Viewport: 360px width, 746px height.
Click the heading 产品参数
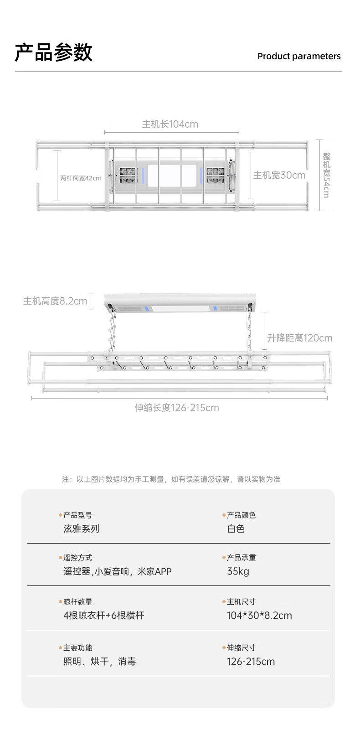53,52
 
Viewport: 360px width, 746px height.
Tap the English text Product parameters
298,56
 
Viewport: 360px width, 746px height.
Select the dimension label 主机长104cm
170,124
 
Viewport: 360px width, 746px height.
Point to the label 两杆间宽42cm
81,178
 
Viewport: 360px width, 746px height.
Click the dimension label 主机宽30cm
279,175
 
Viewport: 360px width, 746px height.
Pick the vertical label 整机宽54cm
326,175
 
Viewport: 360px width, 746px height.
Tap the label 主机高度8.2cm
55,301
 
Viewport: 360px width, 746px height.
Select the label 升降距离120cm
299,338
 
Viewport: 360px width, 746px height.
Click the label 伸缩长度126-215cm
176,408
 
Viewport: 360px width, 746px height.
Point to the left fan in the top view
128,175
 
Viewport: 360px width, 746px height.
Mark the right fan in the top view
215,175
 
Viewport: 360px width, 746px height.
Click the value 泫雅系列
81,528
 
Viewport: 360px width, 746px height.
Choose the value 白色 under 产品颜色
236,528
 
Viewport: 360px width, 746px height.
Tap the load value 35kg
238,571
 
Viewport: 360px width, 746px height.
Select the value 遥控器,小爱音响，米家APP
117,571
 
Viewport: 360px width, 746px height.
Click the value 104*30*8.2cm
259,615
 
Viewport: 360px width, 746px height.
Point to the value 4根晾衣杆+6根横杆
103,615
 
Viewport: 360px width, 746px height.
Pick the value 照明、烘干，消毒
99,661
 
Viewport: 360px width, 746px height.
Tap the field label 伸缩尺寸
241,648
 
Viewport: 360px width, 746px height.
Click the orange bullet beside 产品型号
60,515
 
